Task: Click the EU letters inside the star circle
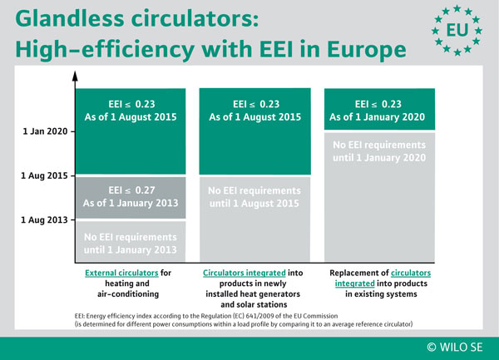click(x=457, y=30)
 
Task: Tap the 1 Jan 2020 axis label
click(x=45, y=131)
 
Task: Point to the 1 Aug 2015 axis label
click(x=44, y=175)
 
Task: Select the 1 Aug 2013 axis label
click(x=44, y=219)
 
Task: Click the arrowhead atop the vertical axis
click(x=75, y=76)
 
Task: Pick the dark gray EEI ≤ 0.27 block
click(x=131, y=198)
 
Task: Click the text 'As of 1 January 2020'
click(x=377, y=117)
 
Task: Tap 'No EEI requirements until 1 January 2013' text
click(x=131, y=244)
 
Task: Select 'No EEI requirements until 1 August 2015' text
click(x=254, y=197)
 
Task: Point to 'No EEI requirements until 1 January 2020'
click(x=379, y=151)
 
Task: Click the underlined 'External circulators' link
click(x=121, y=273)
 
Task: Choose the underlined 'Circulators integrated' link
click(x=245, y=273)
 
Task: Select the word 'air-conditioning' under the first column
click(x=128, y=293)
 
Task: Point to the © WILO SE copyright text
click(x=455, y=347)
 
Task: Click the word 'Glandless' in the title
click(x=70, y=18)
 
